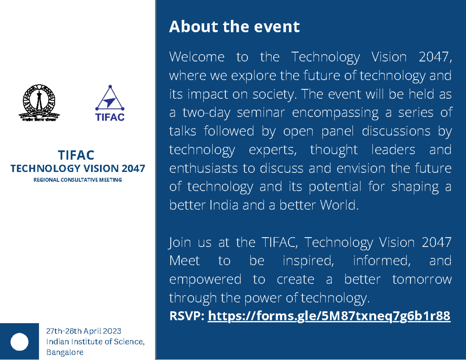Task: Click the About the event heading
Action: point(234,27)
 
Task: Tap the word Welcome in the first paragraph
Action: point(197,57)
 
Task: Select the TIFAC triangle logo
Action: point(110,103)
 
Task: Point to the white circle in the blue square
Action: point(19,342)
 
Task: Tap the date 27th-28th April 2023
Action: point(83,331)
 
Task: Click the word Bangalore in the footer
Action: point(64,352)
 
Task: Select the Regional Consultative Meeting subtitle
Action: point(77,180)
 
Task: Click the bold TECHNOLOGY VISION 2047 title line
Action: point(77,169)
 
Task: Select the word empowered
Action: point(205,279)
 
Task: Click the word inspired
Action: point(308,261)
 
